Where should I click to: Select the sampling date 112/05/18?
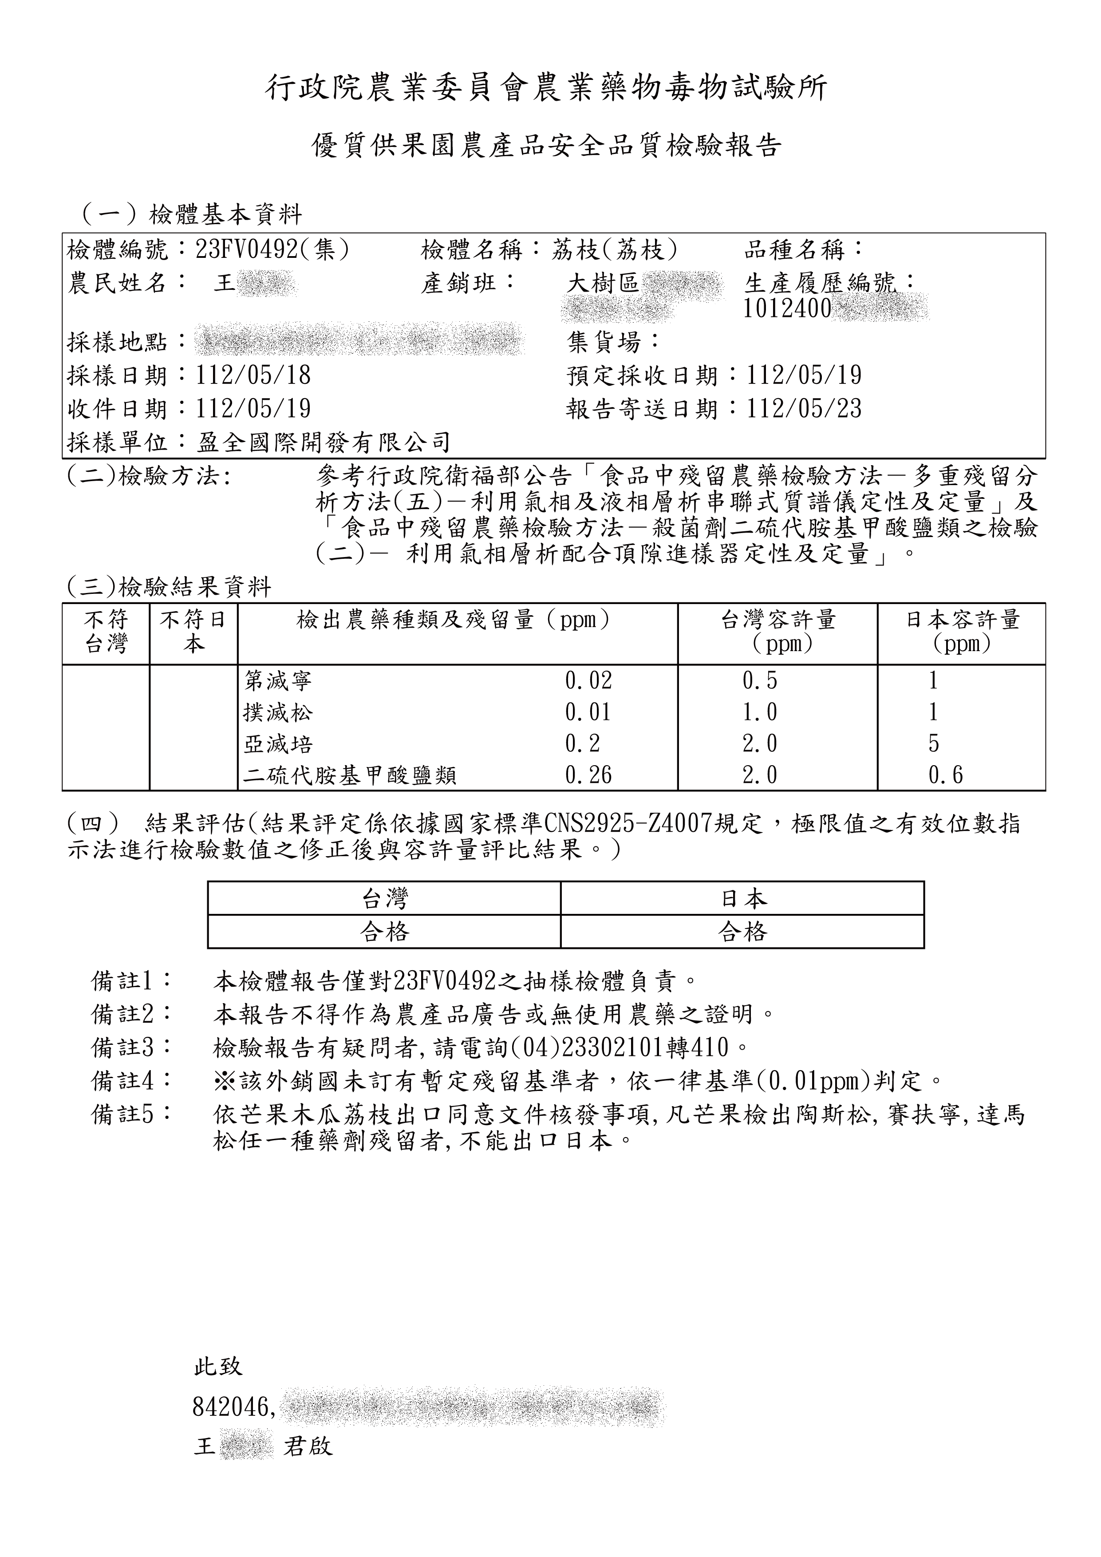253,375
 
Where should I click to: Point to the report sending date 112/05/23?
804,409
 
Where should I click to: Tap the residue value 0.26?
588,775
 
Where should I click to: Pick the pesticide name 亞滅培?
278,744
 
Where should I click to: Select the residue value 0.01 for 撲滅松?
588,712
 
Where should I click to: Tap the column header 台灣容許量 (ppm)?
778,631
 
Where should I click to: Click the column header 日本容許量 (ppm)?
962,631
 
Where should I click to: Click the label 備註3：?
131,1048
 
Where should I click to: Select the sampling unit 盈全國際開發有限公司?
324,443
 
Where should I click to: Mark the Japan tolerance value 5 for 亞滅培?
934,744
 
